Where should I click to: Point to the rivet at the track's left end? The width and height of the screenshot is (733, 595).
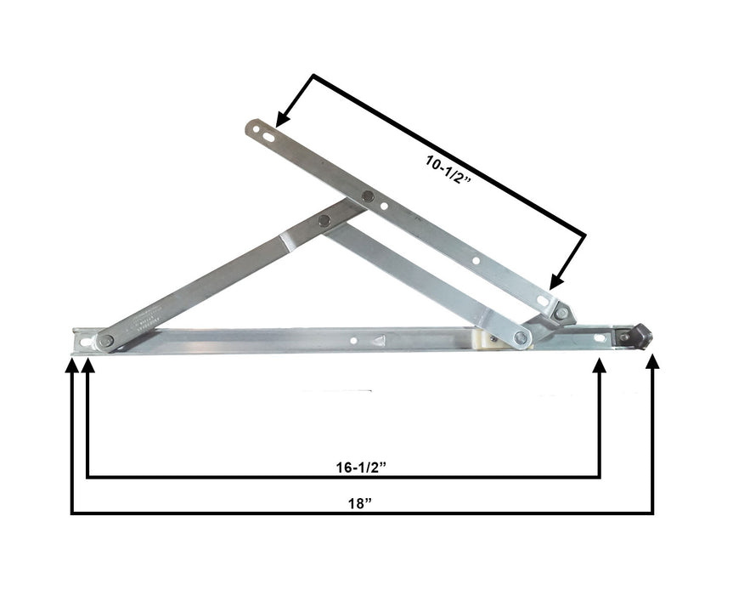tap(105, 341)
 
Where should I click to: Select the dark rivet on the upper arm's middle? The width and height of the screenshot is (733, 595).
tap(368, 197)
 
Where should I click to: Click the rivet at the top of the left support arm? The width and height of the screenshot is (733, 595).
tap(324, 220)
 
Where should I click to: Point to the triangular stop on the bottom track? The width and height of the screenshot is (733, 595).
tap(379, 340)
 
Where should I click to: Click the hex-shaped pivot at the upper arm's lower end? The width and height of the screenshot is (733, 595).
tap(561, 314)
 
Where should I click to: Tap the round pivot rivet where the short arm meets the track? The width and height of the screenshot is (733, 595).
tap(522, 337)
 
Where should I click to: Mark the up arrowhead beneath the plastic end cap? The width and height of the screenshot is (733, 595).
tap(652, 363)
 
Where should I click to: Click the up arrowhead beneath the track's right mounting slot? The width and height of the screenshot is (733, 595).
tap(600, 365)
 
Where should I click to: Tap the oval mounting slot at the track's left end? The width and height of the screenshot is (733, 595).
tap(85, 341)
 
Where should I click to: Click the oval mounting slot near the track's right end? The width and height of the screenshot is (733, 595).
tap(600, 337)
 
